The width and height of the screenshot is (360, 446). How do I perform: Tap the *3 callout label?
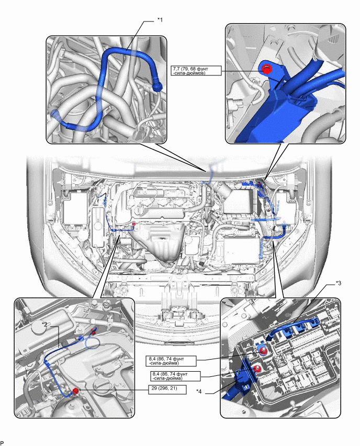[x=339, y=283]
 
